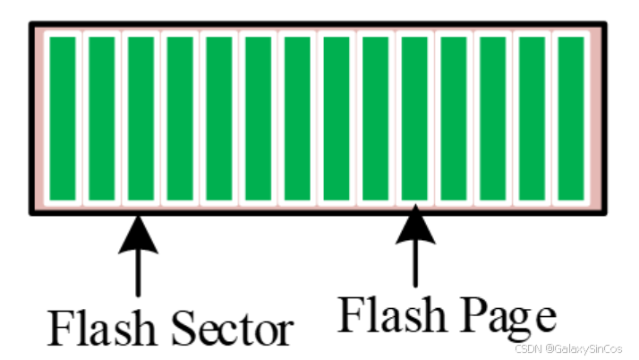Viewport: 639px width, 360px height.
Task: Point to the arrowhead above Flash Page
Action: pos(414,225)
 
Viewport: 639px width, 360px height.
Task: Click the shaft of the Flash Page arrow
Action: pos(414,264)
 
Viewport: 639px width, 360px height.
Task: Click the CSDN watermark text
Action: pos(527,347)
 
